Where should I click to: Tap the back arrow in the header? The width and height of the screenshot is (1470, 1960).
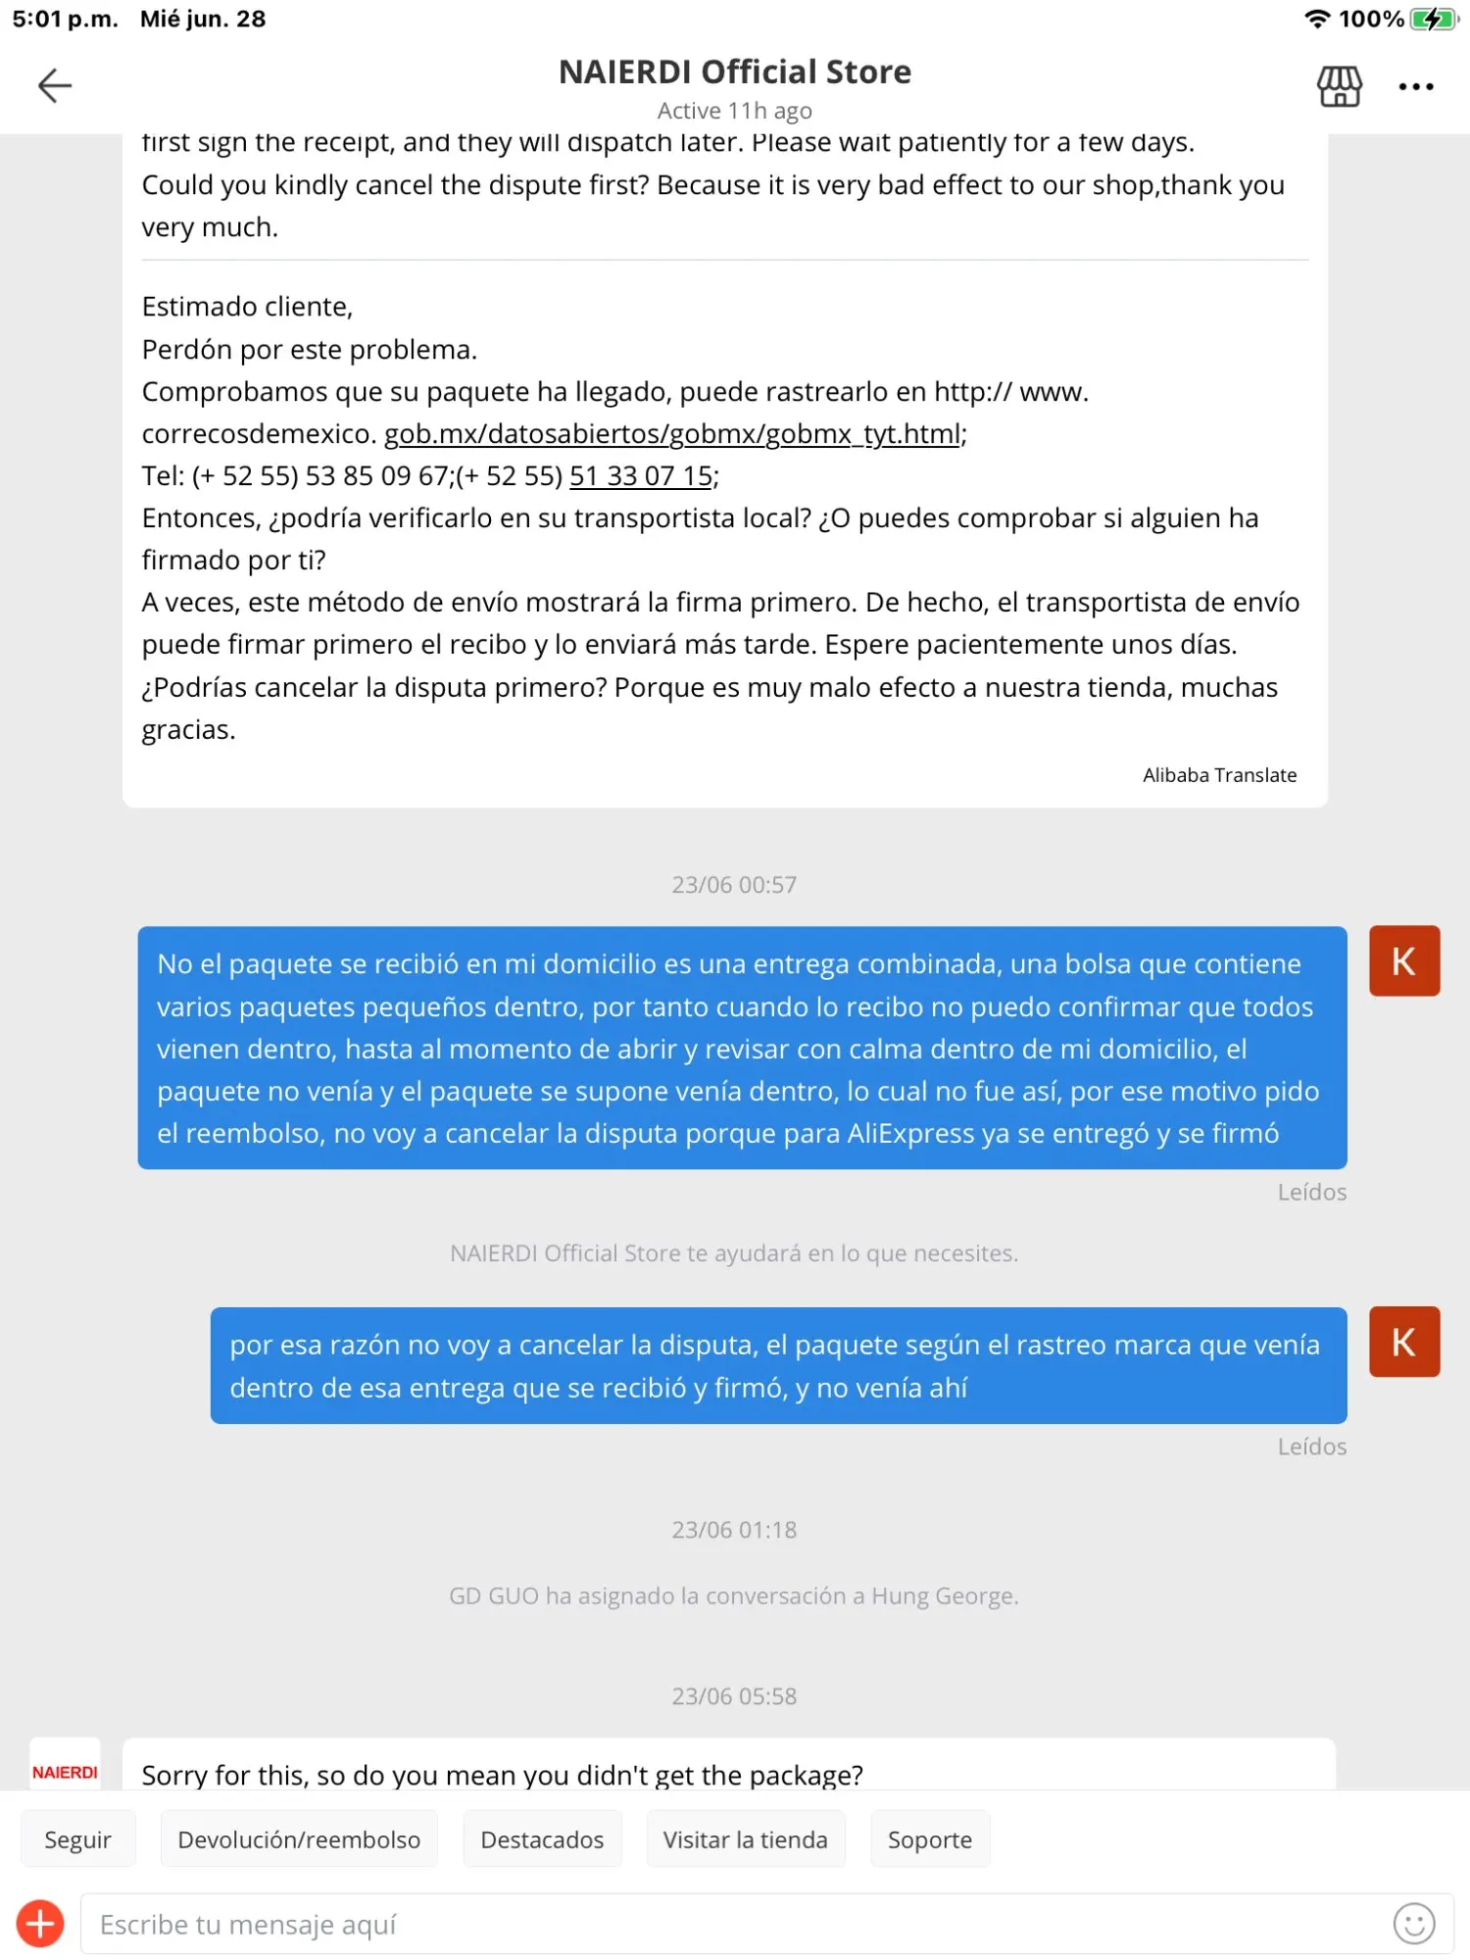55,86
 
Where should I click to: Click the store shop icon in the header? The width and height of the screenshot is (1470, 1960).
1339,86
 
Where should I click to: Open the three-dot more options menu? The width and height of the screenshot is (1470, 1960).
1416,87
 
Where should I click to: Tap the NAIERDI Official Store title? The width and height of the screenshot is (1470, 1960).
735,73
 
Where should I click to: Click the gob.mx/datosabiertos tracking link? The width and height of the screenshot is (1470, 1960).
672,434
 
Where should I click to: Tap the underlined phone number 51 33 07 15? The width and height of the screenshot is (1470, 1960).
641,476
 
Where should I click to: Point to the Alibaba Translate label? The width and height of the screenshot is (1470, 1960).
1219,775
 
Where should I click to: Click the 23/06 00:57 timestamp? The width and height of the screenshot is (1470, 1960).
734,885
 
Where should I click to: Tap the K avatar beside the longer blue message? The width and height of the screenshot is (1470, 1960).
1404,961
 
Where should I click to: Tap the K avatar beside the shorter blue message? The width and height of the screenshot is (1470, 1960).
1404,1342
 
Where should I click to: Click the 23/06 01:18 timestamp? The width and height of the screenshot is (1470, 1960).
734,1530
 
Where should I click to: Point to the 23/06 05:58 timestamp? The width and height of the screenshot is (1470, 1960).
734,1696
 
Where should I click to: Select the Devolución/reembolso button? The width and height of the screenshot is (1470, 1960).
299,1839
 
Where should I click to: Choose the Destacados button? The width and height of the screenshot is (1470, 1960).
542,1839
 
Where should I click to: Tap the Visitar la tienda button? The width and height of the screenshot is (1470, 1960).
745,1839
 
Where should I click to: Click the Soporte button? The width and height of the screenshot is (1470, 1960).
929,1839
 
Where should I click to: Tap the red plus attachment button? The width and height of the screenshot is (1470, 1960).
40,1924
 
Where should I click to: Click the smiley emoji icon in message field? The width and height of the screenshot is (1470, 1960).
1413,1924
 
